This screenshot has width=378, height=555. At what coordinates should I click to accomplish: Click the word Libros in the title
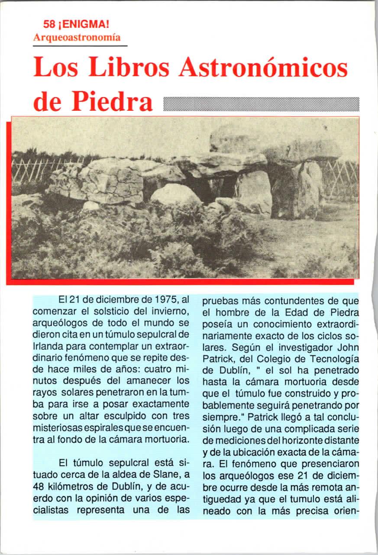(x=135, y=68)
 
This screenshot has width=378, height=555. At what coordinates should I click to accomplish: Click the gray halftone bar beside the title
(x=262, y=104)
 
